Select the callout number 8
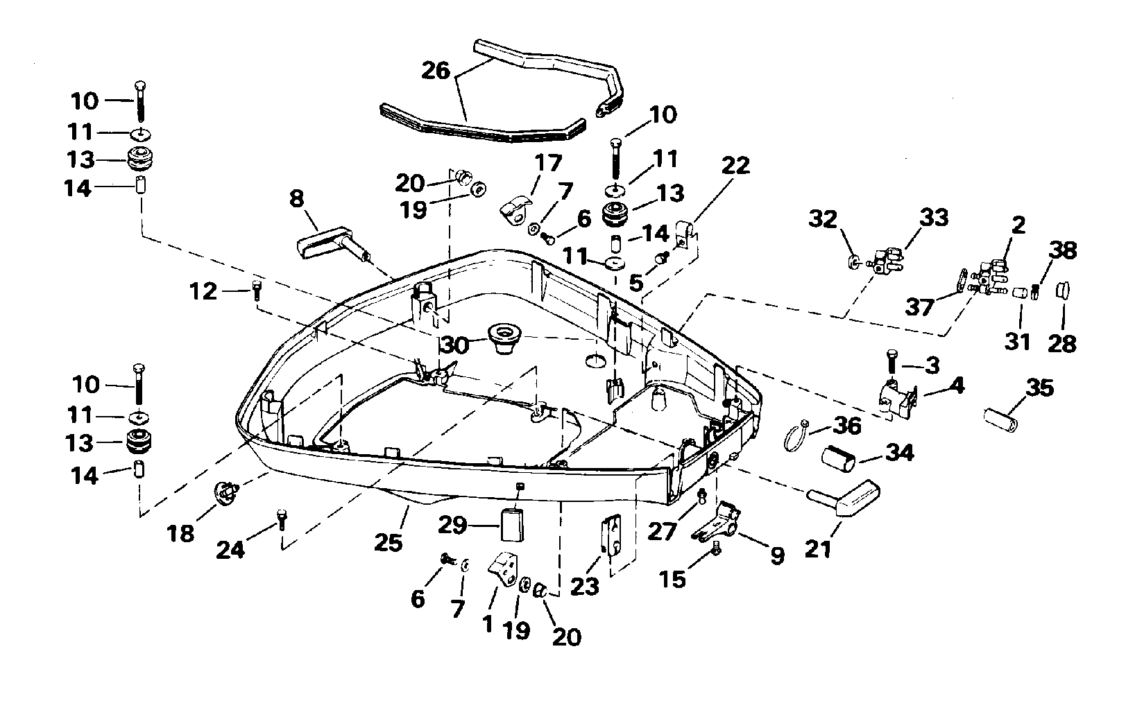(296, 200)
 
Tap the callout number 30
(454, 343)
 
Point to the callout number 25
(388, 542)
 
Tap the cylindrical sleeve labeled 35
(1000, 420)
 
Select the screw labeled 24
(282, 518)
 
